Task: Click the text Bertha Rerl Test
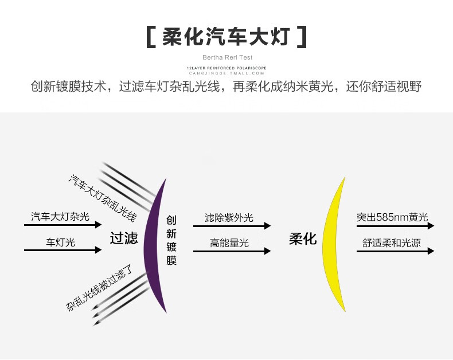pos(227,57)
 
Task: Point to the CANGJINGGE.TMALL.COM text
pos(227,73)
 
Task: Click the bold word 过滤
pos(124,238)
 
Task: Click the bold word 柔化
pos(302,239)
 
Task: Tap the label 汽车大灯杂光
pos(60,217)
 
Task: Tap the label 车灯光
pos(60,242)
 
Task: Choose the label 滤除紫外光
pos(229,218)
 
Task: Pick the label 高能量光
pos(229,243)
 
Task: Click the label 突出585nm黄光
pos(392,218)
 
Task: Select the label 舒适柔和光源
pos(392,243)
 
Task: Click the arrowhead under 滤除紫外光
pos(267,226)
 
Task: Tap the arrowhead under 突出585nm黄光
pos(431,226)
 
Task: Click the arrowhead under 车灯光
pos(99,251)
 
